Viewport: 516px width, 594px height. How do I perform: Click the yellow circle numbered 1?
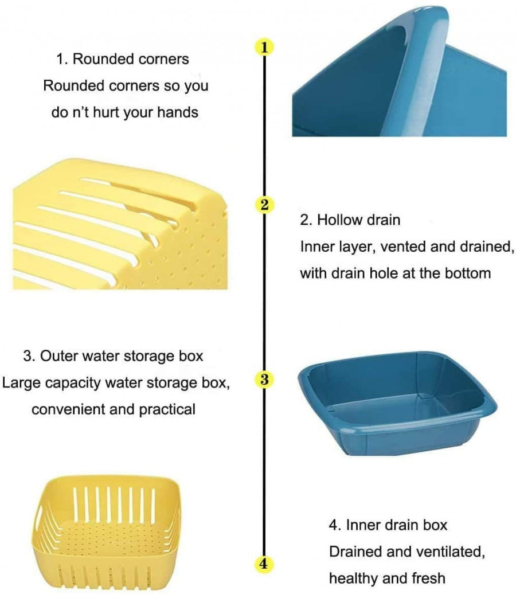point(263,47)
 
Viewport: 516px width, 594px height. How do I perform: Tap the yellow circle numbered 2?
point(263,205)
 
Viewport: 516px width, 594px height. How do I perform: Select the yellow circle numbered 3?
point(263,380)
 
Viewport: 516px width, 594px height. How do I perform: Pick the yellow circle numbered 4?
point(263,564)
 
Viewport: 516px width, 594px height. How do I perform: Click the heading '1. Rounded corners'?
point(123,58)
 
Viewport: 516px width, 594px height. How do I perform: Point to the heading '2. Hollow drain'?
point(350,220)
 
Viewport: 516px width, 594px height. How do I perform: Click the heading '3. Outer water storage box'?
point(113,355)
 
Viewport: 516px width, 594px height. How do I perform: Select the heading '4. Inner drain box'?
point(388,525)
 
